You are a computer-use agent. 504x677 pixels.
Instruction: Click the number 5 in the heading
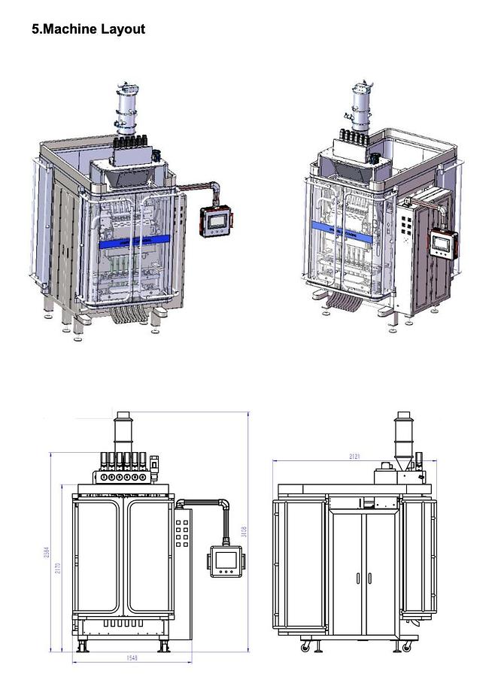point(35,29)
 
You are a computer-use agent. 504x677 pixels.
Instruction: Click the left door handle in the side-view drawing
point(358,578)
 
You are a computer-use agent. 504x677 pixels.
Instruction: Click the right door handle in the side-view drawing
point(369,578)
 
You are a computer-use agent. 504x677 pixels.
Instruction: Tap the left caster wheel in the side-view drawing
point(305,646)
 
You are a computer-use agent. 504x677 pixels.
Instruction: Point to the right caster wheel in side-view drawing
point(407,646)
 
